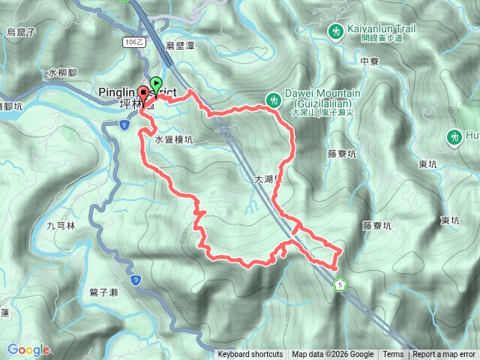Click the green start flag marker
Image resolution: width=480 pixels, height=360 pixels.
pyautogui.click(x=156, y=83)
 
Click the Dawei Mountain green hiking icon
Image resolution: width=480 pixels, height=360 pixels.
pyautogui.click(x=274, y=98)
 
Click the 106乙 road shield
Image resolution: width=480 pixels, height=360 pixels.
pyautogui.click(x=133, y=43)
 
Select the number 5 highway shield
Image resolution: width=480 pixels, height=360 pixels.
pyautogui.click(x=340, y=284)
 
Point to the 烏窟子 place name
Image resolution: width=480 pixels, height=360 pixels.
pyautogui.click(x=21, y=31)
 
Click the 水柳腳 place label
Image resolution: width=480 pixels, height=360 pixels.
pyautogui.click(x=62, y=73)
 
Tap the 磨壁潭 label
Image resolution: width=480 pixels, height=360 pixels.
pyautogui.click(x=181, y=45)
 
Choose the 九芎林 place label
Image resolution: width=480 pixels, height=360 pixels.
pyautogui.click(x=61, y=225)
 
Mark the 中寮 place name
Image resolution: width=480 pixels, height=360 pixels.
pyautogui.click(x=369, y=61)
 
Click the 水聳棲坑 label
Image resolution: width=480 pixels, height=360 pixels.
pyautogui.click(x=174, y=139)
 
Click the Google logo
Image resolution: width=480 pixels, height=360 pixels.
pyautogui.click(x=28, y=350)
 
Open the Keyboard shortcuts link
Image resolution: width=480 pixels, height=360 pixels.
pyautogui.click(x=250, y=355)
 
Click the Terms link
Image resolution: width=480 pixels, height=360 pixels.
pyautogui.click(x=393, y=355)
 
